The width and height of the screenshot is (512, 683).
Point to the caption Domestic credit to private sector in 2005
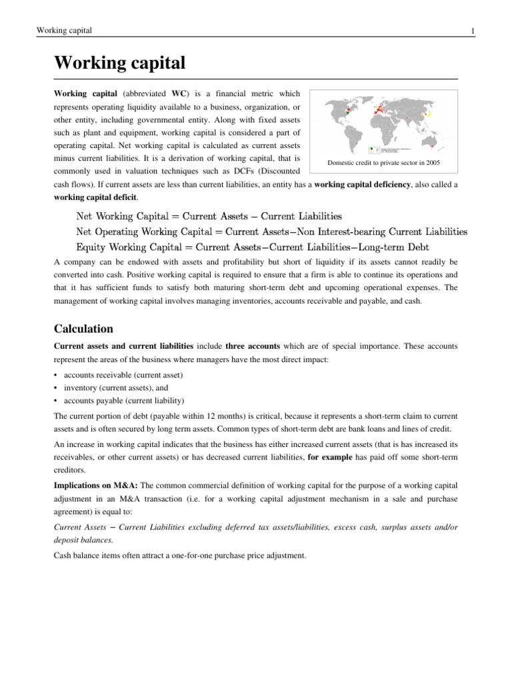[x=383, y=162]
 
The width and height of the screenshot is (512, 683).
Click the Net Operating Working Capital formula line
[x=271, y=231]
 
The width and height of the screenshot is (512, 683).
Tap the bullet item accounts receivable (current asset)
[x=123, y=375]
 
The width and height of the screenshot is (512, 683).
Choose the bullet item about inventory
[x=116, y=387]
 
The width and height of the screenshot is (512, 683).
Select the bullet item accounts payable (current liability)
[x=123, y=400]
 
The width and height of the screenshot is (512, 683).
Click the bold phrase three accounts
[x=253, y=346]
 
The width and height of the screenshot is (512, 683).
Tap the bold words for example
[x=327, y=457]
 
